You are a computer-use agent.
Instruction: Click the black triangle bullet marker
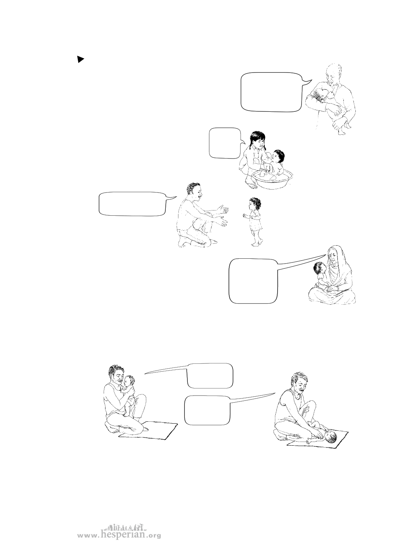80,59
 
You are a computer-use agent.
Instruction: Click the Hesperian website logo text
119,533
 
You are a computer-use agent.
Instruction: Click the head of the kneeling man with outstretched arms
194,191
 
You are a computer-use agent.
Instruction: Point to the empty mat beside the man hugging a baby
148,431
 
